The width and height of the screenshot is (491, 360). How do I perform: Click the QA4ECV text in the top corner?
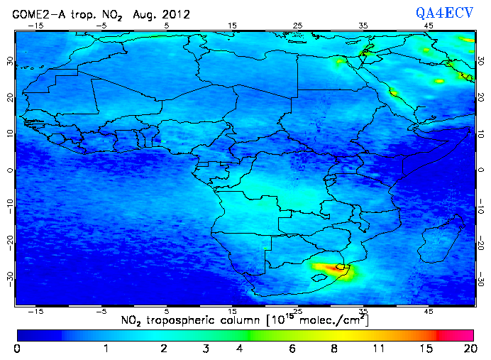pos(450,12)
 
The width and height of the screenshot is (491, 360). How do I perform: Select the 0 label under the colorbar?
pos(17,349)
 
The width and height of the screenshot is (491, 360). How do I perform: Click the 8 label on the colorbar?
pos(334,349)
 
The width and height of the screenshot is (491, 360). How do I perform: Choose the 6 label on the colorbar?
pos(292,349)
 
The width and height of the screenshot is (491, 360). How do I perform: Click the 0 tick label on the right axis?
pos(481,170)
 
